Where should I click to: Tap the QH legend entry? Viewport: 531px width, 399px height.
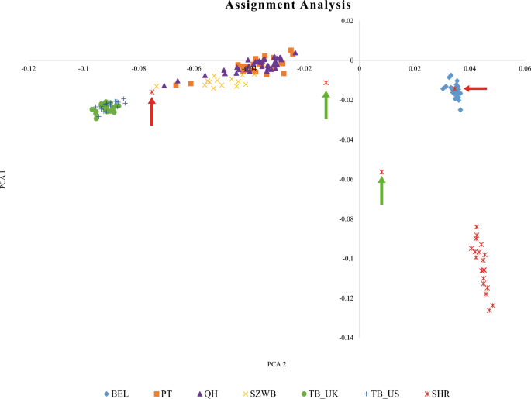tap(206, 394)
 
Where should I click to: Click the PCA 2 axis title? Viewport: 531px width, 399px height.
tap(277, 362)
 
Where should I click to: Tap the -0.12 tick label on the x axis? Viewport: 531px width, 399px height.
tap(28, 68)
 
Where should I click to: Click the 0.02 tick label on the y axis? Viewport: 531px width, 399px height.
tap(346, 21)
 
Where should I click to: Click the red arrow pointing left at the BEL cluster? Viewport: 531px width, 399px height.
tap(475, 89)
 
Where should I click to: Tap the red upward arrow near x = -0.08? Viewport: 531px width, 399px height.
tap(152, 112)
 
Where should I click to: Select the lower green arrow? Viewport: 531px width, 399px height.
tap(381, 191)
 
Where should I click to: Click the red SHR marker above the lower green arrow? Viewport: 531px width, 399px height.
tap(381, 172)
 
